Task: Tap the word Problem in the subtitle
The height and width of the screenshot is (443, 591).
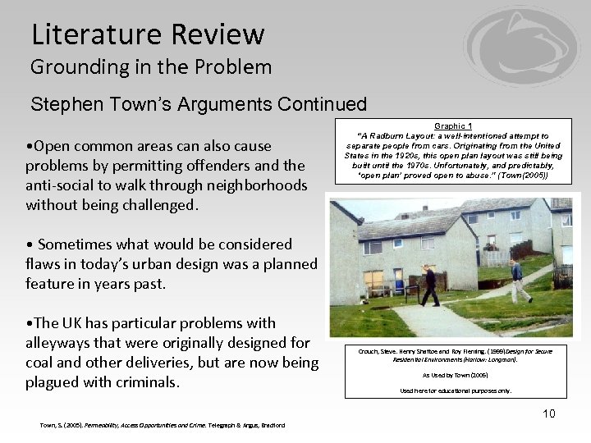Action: coord(234,67)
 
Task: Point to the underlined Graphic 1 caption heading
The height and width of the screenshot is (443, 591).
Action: coord(454,126)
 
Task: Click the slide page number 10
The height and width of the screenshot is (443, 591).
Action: coord(548,413)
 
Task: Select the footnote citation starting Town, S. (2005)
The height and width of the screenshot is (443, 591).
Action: coord(163,425)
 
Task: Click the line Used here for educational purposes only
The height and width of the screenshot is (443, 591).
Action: coord(455,390)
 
